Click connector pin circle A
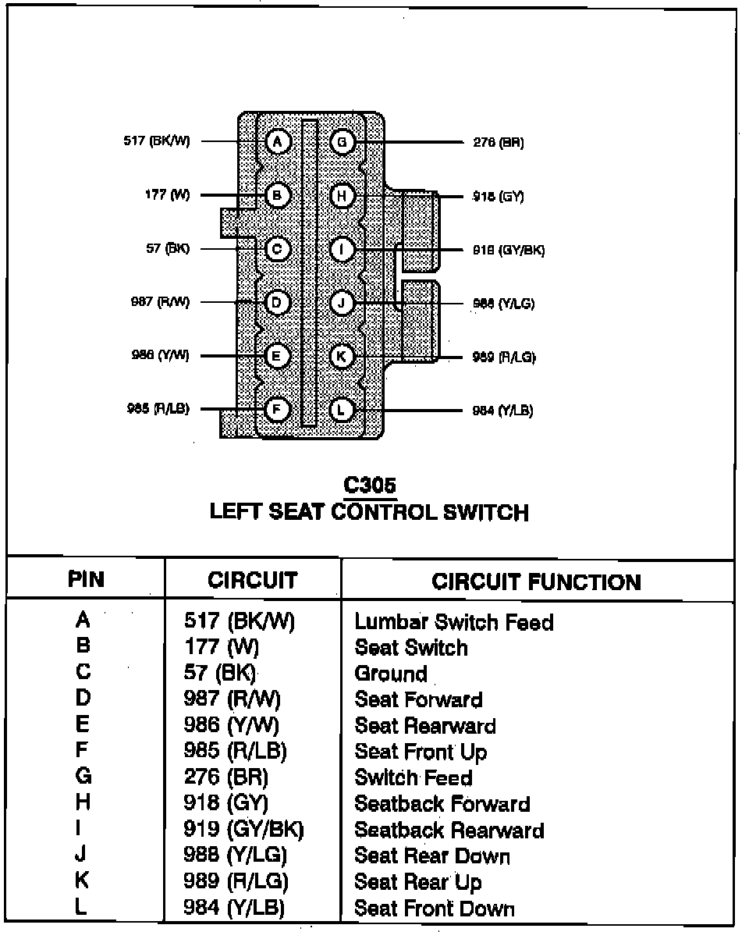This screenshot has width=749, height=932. (x=277, y=141)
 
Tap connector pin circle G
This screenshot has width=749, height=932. (x=342, y=141)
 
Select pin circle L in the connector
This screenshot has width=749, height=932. (x=342, y=410)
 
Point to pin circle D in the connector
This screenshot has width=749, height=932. (x=277, y=302)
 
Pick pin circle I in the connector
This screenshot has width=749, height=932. (x=342, y=249)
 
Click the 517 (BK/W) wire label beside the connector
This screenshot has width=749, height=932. (x=156, y=141)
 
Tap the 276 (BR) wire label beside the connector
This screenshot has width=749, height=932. (x=499, y=143)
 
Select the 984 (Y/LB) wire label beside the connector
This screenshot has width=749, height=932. (x=503, y=411)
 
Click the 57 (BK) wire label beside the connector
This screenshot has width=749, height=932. (x=168, y=249)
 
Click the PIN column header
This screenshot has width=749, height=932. (x=86, y=579)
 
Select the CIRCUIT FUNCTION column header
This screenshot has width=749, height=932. (x=537, y=582)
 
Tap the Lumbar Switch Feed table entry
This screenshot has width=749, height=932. (x=454, y=622)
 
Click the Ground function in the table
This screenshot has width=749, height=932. (x=391, y=674)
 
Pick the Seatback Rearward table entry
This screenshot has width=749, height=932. (x=449, y=830)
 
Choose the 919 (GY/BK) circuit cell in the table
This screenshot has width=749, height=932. (x=243, y=830)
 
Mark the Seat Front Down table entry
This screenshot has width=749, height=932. (x=435, y=908)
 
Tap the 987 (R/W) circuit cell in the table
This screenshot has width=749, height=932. (x=232, y=699)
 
